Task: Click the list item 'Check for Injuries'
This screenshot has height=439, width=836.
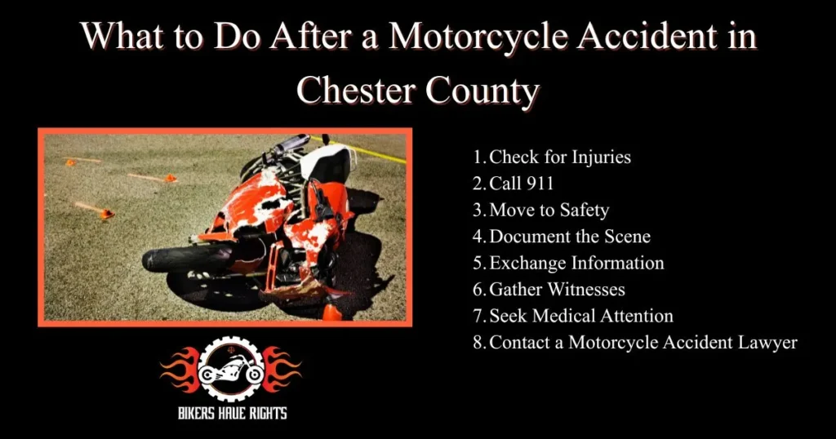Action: point(559,157)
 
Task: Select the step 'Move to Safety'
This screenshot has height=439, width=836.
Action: point(549,210)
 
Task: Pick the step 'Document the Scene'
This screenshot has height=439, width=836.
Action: point(569,237)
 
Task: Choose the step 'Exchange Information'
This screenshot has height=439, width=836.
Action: point(576,263)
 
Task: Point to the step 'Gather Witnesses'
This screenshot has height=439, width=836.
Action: point(556,290)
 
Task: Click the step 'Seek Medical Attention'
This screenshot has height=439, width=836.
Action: point(580,316)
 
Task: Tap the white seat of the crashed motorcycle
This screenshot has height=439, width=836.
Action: point(326,161)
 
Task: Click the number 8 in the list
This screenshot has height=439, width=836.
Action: point(478,343)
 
